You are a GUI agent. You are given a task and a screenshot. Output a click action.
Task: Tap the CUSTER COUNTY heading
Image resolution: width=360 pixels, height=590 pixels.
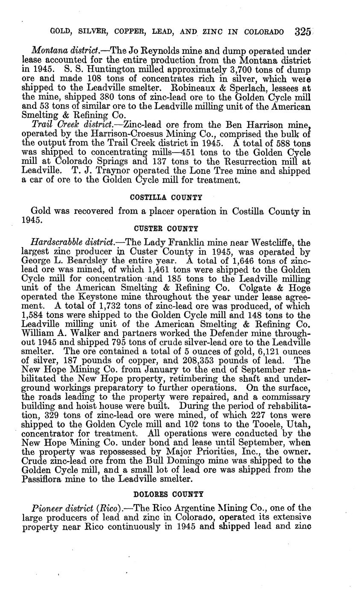tap(166, 228)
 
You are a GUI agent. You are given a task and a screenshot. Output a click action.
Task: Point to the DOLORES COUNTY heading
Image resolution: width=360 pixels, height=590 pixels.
tap(168, 494)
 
